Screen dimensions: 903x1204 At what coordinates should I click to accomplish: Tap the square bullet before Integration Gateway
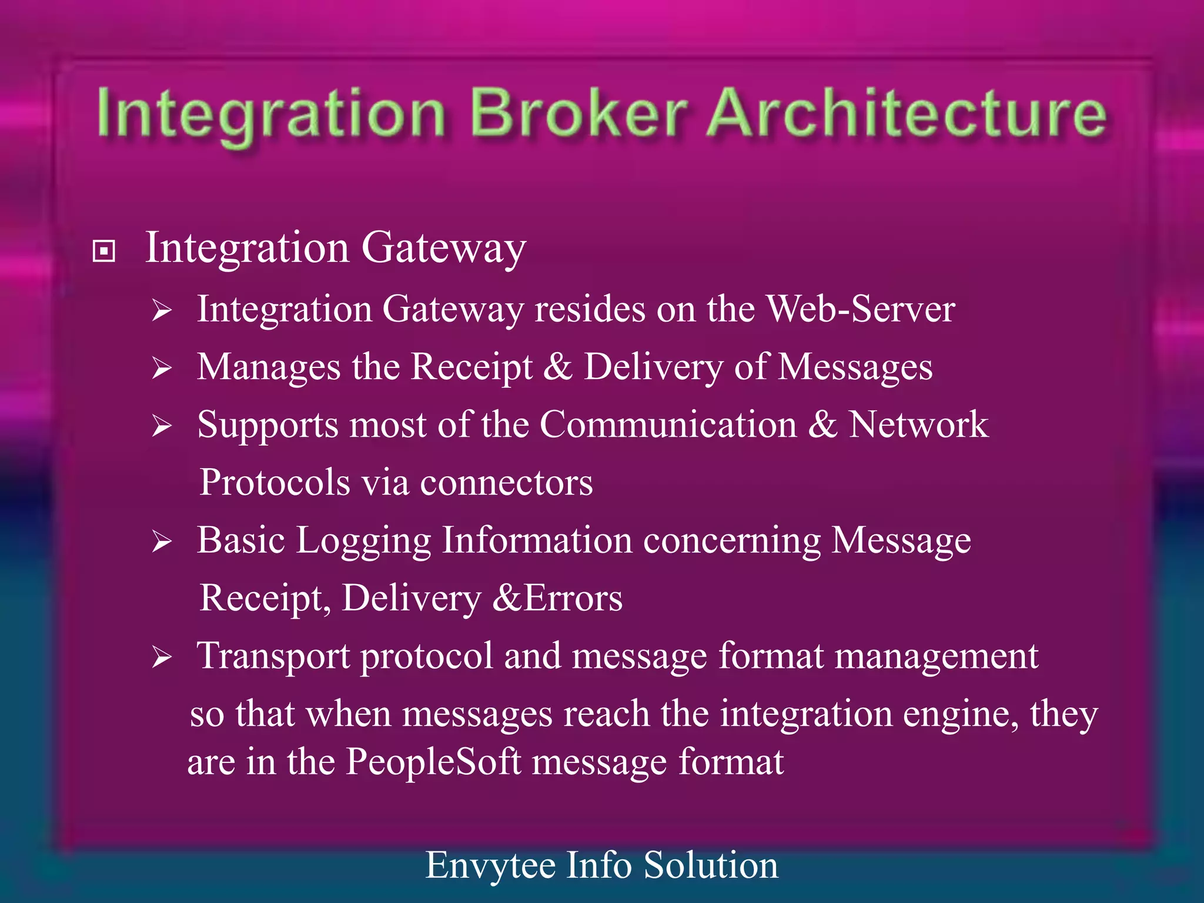tap(104, 252)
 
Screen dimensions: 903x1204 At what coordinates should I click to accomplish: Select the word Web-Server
tap(861, 309)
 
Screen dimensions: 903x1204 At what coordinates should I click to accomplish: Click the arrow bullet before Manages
tap(161, 368)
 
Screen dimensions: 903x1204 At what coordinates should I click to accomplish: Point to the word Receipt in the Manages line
tap(471, 367)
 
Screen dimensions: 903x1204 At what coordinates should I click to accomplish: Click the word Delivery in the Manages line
tap(653, 367)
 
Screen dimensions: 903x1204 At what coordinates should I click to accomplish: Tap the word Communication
tap(668, 424)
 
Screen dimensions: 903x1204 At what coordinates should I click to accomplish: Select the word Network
tap(918, 424)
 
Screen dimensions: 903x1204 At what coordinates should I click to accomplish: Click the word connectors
tap(506, 482)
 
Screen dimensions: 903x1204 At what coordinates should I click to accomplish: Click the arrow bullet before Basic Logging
tap(161, 541)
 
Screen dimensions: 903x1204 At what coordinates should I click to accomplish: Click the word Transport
tap(273, 655)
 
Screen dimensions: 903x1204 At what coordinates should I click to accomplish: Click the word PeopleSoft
tap(433, 762)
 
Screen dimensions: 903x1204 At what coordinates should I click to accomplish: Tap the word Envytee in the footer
tap(490, 865)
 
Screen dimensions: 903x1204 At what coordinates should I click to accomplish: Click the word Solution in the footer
tap(710, 865)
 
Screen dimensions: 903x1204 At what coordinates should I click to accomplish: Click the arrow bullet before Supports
tap(161, 426)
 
